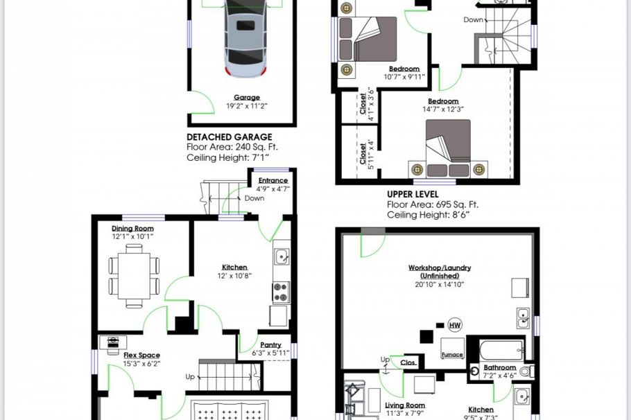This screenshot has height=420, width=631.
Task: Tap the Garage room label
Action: point(247,98)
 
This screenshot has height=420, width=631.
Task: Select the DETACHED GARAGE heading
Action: point(229,137)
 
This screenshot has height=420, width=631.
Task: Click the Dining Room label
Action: point(132,228)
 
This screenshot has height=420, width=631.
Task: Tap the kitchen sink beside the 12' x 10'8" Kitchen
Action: point(282,258)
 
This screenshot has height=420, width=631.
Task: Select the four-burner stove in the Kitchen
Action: point(281,292)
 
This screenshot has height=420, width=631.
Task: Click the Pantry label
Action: point(270,344)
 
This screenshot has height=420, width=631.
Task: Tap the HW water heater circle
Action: point(455,325)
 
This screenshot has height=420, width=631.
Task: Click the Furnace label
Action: point(451,354)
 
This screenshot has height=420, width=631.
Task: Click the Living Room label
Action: point(405,406)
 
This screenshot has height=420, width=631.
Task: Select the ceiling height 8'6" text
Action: point(428,215)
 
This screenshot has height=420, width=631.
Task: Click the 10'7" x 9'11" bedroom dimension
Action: point(404,77)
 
